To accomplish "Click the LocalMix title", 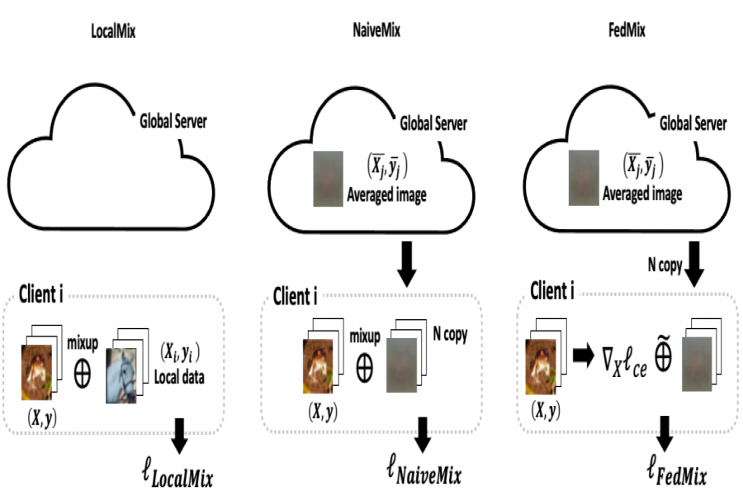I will point(113,31).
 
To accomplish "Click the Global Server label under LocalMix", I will point(173,122).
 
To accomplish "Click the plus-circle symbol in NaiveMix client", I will point(364,368).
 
